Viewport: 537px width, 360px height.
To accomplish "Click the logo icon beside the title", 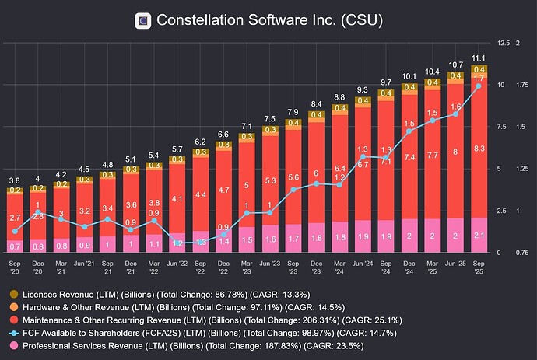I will (143, 21).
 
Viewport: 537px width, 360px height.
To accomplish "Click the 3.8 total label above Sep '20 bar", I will (15, 180).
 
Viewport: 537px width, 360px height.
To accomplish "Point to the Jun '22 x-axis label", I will (177, 264).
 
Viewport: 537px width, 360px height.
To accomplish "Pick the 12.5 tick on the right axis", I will (503, 43).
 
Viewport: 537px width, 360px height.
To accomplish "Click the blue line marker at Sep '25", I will (479, 86).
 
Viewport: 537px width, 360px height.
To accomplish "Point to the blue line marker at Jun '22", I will (177, 243).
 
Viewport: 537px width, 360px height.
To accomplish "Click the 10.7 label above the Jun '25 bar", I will (455, 64).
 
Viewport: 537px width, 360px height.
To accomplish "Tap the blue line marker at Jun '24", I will (363, 159).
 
